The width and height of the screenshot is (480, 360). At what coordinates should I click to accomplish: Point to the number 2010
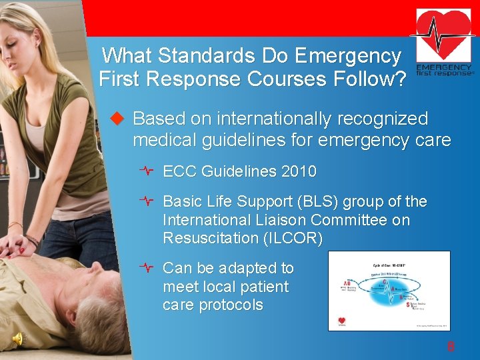click(299, 171)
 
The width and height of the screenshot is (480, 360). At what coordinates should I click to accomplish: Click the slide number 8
click(451, 347)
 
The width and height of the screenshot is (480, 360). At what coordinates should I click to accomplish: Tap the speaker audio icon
click(19, 339)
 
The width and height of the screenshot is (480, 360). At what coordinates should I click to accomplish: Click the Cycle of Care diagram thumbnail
click(389, 291)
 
